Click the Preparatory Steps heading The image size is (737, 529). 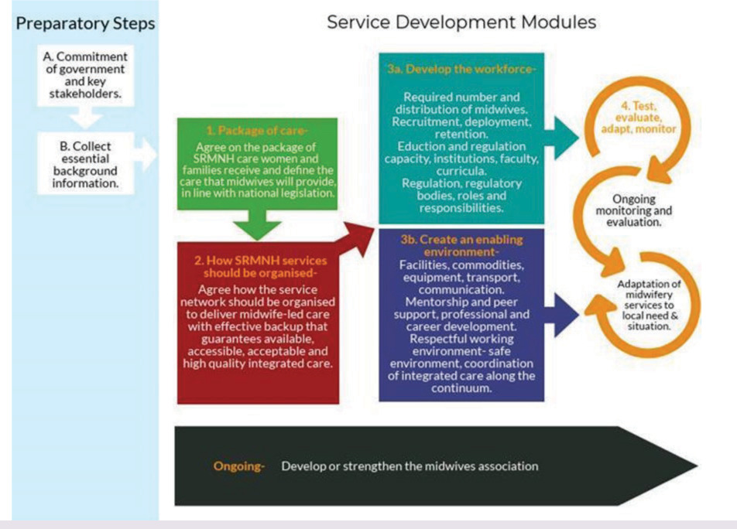pyautogui.click(x=85, y=23)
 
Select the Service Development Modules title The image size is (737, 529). pyautogui.click(x=461, y=22)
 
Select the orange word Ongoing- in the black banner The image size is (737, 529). pyautogui.click(x=238, y=466)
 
